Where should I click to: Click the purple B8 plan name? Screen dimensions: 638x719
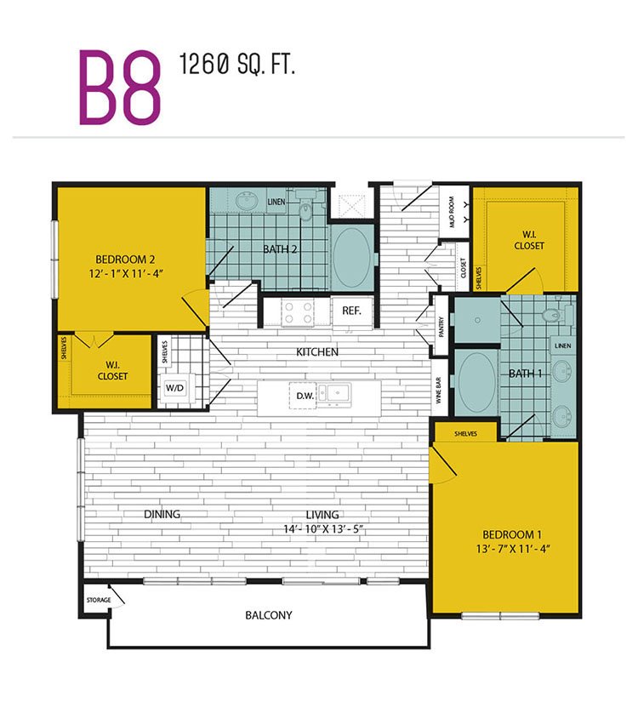tap(120, 87)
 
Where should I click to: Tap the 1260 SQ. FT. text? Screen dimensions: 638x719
tap(236, 64)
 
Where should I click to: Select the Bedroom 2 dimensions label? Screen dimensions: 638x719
tap(126, 274)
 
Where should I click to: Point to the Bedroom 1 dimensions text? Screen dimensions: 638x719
tap(513, 549)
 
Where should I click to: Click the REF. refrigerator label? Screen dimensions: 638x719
tap(351, 311)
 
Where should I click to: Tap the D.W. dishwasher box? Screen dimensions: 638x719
tap(303, 396)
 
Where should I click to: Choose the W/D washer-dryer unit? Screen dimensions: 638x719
tap(175, 389)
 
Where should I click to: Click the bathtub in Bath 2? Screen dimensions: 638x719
tap(352, 257)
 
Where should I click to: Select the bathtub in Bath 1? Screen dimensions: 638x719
tap(477, 382)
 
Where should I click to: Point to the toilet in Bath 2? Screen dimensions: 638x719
tap(305, 205)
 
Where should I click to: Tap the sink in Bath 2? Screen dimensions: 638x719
tap(248, 201)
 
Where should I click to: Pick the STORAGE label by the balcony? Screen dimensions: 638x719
tap(99, 600)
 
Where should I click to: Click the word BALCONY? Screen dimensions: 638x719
tap(269, 615)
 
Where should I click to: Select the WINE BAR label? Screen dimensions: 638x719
tap(439, 391)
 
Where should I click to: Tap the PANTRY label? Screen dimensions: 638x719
tap(441, 327)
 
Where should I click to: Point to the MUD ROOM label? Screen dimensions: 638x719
tap(452, 212)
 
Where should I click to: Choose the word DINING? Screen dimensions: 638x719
tap(162, 515)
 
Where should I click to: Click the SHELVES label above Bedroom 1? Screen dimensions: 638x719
tap(465, 433)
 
